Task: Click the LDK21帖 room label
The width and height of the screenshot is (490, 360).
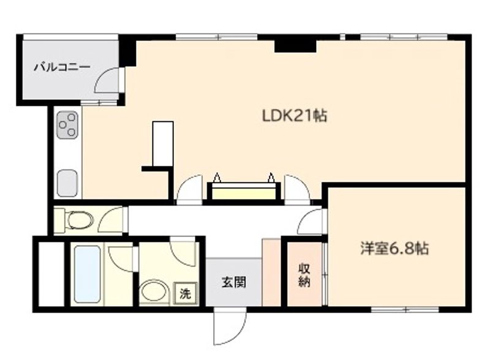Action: pos(294,115)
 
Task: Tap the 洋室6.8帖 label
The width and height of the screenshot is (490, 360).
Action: pos(394,249)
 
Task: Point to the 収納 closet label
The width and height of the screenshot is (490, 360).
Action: pos(304,274)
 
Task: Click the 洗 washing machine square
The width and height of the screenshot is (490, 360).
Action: pos(185,293)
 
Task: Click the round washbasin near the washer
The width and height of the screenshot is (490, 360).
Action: pos(154,291)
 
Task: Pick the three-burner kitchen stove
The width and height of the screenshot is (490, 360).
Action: pos(67,126)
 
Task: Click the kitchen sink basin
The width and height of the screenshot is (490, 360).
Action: pos(67,182)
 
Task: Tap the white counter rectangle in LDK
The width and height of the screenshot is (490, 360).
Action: pos(163,142)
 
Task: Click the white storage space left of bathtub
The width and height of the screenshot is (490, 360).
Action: pos(51,274)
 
